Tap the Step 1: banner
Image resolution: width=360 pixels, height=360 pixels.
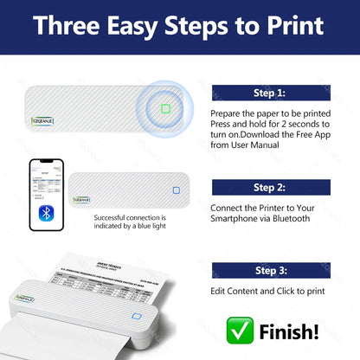point(268,91)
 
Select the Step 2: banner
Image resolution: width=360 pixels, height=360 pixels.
point(268,187)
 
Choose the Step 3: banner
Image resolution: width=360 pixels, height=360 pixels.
point(268,271)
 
